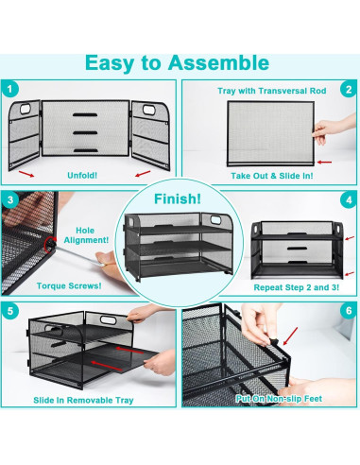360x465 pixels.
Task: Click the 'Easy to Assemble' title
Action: [x=177, y=63]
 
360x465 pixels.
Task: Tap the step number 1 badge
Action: [x=10, y=90]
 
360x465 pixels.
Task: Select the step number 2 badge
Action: [x=349, y=90]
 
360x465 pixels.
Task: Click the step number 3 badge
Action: [x=10, y=200]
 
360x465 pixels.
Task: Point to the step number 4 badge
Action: [x=349, y=200]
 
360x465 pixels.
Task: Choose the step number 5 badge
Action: [x=10, y=311]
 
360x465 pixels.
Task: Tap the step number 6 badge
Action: [x=349, y=311]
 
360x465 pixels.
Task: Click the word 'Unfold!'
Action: [x=82, y=175]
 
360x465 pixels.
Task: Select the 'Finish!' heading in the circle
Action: [x=178, y=199]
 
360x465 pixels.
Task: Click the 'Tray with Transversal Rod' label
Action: [x=272, y=91]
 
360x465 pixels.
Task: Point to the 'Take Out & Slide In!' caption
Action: [x=272, y=176]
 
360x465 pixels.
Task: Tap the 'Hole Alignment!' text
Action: [x=86, y=235]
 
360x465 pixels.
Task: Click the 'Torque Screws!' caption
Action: [x=69, y=286]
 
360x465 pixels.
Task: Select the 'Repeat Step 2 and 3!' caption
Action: [x=297, y=287]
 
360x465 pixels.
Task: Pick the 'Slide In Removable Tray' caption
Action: [x=83, y=400]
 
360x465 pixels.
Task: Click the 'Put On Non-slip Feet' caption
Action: [x=279, y=399]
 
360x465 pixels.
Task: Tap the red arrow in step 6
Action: [x=290, y=336]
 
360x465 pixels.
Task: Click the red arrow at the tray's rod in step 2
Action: [x=324, y=163]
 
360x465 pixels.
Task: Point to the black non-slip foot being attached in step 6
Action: [x=273, y=341]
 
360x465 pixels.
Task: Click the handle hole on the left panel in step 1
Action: [x=26, y=109]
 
